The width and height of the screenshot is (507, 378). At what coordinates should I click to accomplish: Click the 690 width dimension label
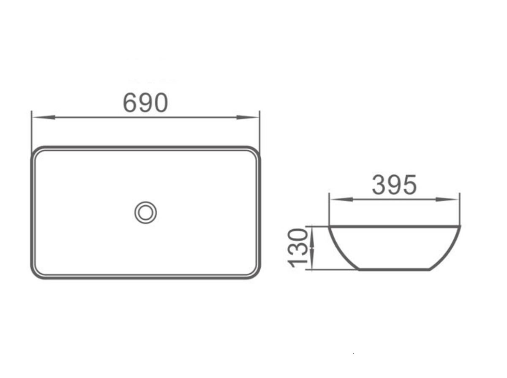145,103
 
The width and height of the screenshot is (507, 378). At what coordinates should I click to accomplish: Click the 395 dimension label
394,185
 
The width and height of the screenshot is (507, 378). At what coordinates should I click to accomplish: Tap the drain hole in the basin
146,212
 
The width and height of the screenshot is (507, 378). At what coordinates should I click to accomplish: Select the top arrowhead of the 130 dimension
312,231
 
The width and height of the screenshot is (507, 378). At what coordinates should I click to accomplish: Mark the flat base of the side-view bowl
394,269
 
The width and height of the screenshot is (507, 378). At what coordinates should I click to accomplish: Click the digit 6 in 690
131,103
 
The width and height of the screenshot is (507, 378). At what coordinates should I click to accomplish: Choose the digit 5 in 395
409,185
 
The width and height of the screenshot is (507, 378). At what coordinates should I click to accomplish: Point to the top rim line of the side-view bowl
394,226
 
